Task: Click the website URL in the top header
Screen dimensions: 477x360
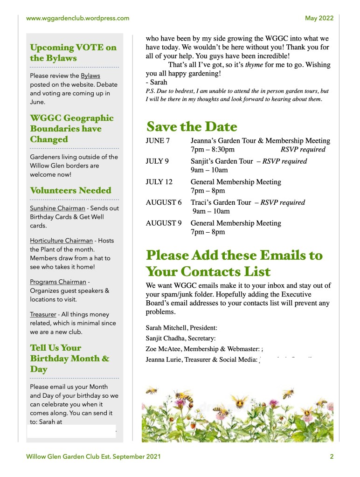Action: coord(77,18)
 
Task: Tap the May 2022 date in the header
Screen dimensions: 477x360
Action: coord(319,18)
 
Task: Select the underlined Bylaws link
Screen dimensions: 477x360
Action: coord(90,76)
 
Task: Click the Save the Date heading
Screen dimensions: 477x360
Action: coord(192,126)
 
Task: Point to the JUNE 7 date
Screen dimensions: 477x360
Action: coord(158,141)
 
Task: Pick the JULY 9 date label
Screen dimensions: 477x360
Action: coord(157,161)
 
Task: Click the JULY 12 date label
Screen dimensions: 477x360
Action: coord(159,182)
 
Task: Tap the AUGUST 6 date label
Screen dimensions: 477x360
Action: coord(164,202)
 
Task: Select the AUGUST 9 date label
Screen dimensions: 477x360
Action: coord(164,223)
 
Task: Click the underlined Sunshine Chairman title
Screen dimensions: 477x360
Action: coord(57,208)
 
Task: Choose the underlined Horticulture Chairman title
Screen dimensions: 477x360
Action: coord(62,241)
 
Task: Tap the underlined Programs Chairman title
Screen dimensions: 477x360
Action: coord(58,282)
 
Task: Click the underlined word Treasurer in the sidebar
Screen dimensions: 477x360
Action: coord(44,314)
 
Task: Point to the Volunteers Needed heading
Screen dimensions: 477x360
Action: coord(70,190)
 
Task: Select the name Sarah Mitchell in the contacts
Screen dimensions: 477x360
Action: coord(166,328)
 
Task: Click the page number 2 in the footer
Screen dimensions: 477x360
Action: coord(332,457)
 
